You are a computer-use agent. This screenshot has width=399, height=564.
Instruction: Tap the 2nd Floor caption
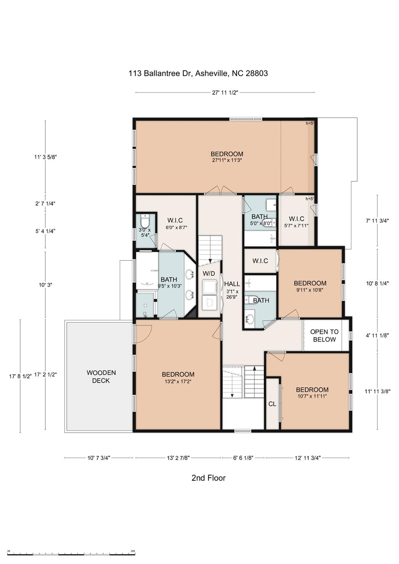(208, 478)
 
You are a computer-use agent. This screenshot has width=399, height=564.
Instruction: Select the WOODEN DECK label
(101, 377)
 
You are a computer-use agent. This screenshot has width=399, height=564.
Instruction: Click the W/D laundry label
(209, 274)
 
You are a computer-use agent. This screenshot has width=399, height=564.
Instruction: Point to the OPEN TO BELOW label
(324, 336)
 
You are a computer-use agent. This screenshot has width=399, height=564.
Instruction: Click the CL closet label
(272, 404)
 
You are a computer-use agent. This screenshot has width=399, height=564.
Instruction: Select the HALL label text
(232, 284)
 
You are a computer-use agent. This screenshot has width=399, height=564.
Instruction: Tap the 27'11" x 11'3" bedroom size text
(227, 160)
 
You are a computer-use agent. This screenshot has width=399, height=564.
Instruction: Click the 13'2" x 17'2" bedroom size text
(178, 382)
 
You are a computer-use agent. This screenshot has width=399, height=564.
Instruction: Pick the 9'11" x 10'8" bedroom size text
(310, 290)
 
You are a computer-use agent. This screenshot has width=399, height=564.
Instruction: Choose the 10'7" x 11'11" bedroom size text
(312, 397)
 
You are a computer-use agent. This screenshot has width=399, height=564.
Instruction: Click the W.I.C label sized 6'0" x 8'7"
(175, 220)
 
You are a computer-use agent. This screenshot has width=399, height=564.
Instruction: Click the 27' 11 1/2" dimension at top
(225, 93)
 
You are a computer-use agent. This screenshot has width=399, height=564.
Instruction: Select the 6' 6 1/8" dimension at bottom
(243, 458)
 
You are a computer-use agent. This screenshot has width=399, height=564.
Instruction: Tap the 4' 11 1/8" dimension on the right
(377, 335)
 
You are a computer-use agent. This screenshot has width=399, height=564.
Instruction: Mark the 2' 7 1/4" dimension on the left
(45, 203)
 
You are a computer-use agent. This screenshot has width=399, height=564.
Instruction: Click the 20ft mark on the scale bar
(133, 551)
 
